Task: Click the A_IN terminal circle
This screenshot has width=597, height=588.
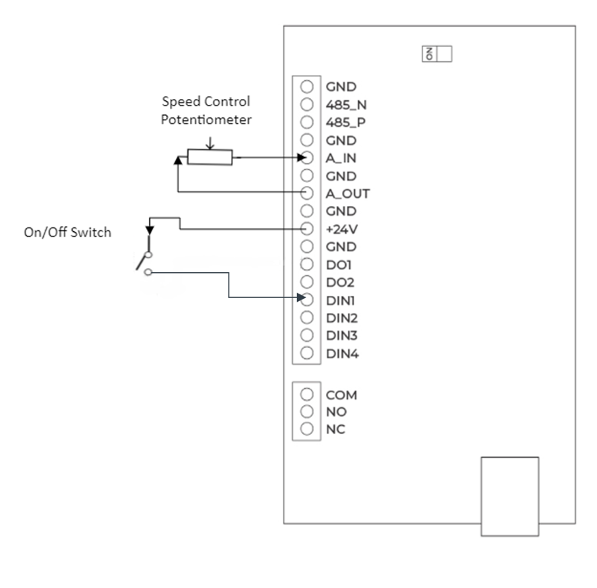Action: (307, 158)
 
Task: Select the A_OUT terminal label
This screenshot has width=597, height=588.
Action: (348, 193)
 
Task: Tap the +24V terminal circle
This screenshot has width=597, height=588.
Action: (307, 229)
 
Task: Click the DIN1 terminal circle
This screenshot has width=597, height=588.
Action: (307, 300)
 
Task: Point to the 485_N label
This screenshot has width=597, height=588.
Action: (346, 105)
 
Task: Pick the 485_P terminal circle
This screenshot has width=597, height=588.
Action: (307, 122)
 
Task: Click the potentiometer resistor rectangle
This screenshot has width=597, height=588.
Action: (210, 157)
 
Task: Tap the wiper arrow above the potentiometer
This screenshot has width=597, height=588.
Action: (210, 143)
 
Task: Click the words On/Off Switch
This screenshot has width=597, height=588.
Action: (68, 232)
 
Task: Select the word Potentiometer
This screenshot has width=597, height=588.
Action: (206, 120)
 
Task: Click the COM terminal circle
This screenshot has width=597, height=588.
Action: (307, 395)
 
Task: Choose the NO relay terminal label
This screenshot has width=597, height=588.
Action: (336, 412)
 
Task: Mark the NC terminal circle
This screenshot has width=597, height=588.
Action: (307, 429)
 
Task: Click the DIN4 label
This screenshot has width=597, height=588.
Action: (342, 354)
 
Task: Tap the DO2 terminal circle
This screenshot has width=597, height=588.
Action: (307, 282)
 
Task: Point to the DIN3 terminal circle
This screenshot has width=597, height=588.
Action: (307, 335)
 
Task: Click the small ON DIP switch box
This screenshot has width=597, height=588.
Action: (437, 54)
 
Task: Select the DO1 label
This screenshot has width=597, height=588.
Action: (339, 265)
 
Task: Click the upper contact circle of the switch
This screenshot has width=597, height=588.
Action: (149, 254)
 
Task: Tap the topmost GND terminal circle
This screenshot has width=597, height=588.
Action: (307, 86)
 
